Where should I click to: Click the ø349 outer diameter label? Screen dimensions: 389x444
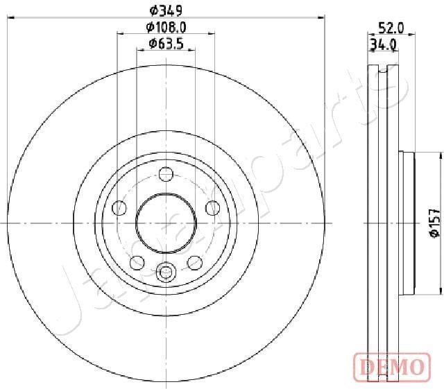166,10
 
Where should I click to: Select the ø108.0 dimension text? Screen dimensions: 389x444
166,28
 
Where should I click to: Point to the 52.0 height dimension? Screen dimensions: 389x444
391,28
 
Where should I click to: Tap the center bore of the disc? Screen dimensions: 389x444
166,223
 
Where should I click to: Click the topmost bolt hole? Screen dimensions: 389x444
166,174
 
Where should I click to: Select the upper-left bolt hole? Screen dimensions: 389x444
119,207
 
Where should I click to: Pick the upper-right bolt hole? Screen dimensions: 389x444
212,207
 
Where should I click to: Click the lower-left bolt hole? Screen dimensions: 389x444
137,261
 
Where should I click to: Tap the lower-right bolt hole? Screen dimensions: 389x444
194,261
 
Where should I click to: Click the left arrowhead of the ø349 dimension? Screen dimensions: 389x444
10,17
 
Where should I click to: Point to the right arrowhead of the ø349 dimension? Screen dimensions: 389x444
321,17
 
